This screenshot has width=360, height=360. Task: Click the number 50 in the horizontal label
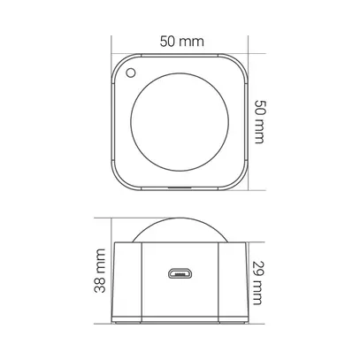pos(167,41)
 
